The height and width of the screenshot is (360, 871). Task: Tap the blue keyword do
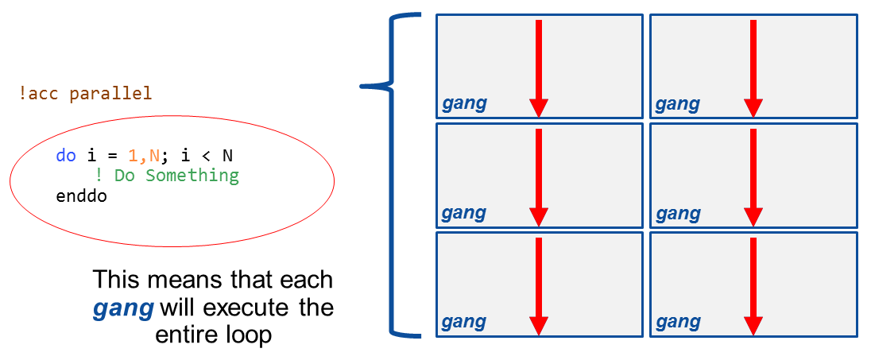(x=65, y=155)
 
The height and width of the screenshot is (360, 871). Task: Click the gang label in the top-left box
(x=464, y=104)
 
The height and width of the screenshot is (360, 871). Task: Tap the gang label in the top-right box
(x=678, y=104)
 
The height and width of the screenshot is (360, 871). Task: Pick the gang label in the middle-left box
(x=464, y=213)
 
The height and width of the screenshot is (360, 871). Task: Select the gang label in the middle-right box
(x=678, y=213)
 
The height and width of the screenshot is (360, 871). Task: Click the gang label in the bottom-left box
(x=464, y=322)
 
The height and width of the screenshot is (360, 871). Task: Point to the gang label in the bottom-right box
(x=678, y=322)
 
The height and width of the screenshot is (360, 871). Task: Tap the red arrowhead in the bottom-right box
(x=753, y=326)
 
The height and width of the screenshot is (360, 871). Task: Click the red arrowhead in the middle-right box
(x=753, y=217)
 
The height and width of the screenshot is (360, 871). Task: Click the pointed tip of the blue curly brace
(x=362, y=85)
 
